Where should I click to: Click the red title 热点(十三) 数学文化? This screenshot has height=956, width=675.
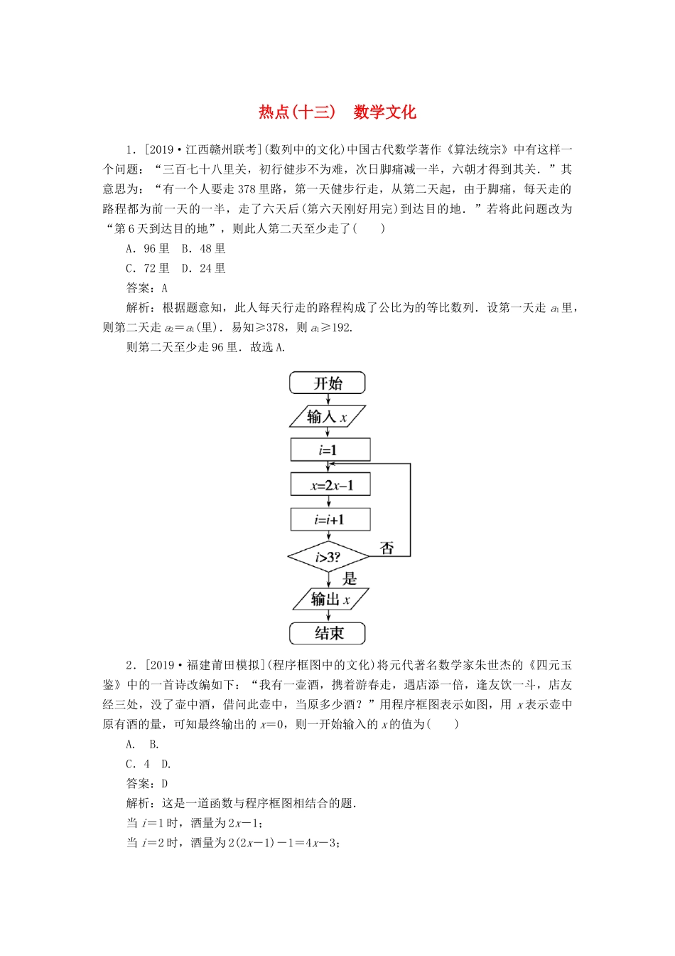pyautogui.click(x=337, y=112)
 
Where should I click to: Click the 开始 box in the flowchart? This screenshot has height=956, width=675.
pyautogui.click(x=328, y=383)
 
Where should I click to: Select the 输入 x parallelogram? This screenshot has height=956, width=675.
pyautogui.click(x=328, y=417)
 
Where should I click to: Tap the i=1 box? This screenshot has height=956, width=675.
pyautogui.click(x=330, y=450)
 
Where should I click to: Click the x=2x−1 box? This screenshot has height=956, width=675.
pyautogui.click(x=330, y=485)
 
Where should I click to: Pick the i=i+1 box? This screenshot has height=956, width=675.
pyautogui.click(x=330, y=520)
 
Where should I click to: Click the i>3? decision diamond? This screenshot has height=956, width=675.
pyautogui.click(x=328, y=557)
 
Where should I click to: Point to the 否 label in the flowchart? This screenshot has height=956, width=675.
pyautogui.click(x=387, y=548)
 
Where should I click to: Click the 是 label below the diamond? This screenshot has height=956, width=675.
pyautogui.click(x=350, y=578)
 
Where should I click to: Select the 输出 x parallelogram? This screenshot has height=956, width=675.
pyautogui.click(x=330, y=600)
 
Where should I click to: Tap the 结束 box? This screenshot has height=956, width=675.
pyautogui.click(x=328, y=633)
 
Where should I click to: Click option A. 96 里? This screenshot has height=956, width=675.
pyautogui.click(x=148, y=249)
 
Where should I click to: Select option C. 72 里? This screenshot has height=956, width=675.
pyautogui.click(x=148, y=269)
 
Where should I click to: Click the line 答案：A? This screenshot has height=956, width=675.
pyautogui.click(x=147, y=288)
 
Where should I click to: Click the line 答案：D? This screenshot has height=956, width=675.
pyautogui.click(x=147, y=784)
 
